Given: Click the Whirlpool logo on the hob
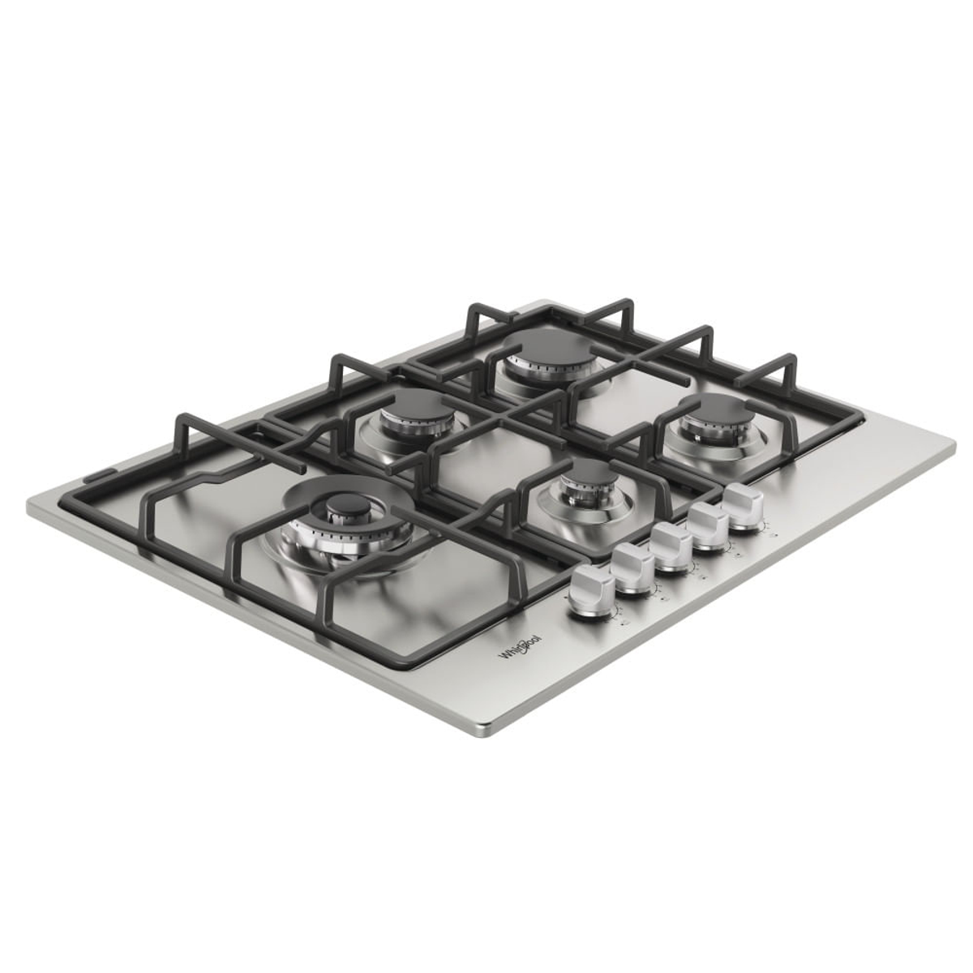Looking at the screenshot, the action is tap(520, 646).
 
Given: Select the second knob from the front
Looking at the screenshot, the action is tap(633, 568).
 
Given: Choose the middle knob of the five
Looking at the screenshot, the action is tap(671, 547).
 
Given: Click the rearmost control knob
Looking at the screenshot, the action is tap(742, 507).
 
